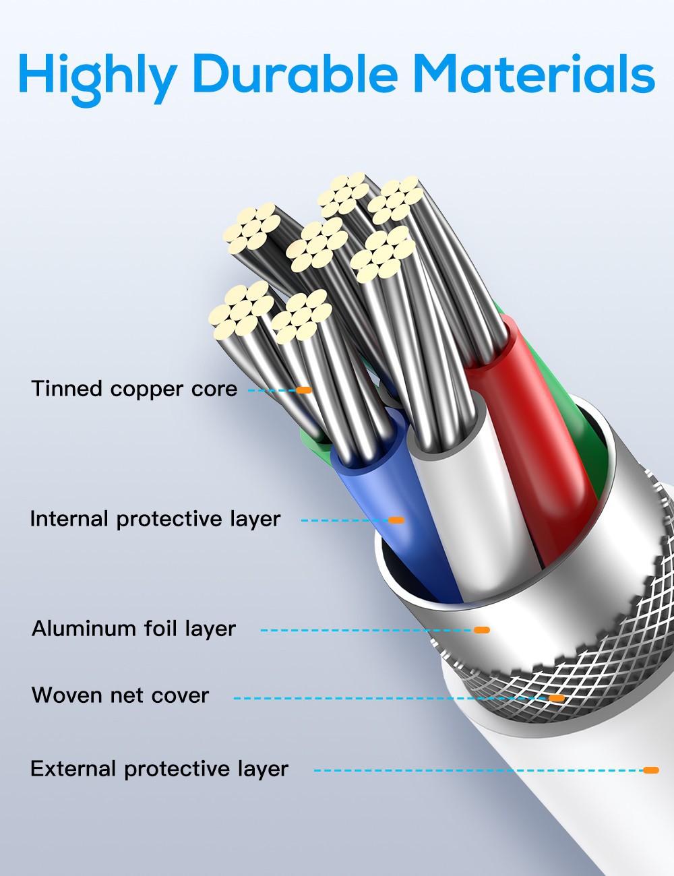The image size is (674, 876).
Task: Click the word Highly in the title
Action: [97, 75]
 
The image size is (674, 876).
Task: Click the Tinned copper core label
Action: [134, 389]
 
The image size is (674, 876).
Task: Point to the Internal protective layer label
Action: [155, 519]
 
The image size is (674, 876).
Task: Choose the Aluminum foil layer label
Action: [133, 629]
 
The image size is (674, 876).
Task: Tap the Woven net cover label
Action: [120, 695]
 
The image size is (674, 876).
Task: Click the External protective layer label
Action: [159, 769]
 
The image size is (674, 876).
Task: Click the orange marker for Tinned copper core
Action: [304, 390]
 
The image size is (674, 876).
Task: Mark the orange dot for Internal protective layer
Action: [396, 520]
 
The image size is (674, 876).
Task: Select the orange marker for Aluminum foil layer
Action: [481, 630]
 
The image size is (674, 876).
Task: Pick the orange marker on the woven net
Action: [557, 698]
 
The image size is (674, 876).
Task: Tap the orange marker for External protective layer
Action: [650, 770]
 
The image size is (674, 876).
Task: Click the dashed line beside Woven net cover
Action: [391, 698]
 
